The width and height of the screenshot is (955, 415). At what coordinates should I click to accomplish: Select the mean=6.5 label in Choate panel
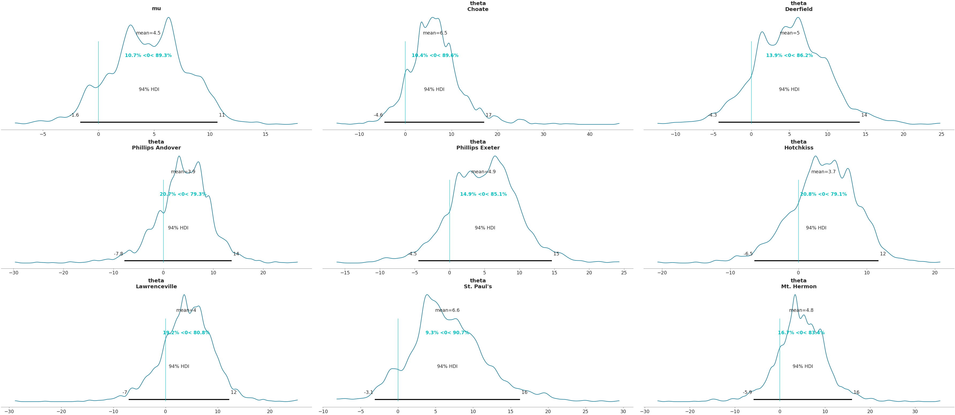[x=435, y=33]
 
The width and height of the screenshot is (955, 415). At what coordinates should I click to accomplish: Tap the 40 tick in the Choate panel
[x=590, y=135]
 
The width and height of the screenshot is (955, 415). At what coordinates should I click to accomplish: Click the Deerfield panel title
[x=799, y=7]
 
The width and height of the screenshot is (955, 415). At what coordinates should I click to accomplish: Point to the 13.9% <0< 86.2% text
[x=789, y=56]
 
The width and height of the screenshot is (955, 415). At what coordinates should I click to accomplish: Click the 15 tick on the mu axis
[x=265, y=135]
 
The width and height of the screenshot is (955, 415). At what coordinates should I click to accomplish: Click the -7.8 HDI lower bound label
[x=118, y=254]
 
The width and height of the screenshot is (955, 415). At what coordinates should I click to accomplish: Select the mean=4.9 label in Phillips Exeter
[x=483, y=172]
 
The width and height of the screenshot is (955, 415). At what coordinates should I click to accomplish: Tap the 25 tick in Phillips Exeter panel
[x=624, y=273]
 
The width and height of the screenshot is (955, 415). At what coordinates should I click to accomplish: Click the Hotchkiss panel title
[x=799, y=145]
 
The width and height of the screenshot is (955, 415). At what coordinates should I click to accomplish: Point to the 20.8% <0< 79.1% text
[x=823, y=194]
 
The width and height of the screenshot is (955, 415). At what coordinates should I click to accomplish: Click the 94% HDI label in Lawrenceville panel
[x=179, y=366]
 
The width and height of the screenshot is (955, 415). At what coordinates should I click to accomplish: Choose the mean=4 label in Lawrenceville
[x=186, y=310]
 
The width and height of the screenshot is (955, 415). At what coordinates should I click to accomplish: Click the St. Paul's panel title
[x=477, y=284]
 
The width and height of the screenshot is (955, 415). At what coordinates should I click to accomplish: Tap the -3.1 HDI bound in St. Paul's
[x=369, y=392]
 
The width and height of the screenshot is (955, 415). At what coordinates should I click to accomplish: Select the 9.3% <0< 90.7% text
[x=447, y=333]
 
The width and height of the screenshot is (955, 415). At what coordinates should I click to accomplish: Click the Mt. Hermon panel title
[x=799, y=284]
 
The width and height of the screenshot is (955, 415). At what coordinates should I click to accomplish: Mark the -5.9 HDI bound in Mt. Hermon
[x=747, y=392]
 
